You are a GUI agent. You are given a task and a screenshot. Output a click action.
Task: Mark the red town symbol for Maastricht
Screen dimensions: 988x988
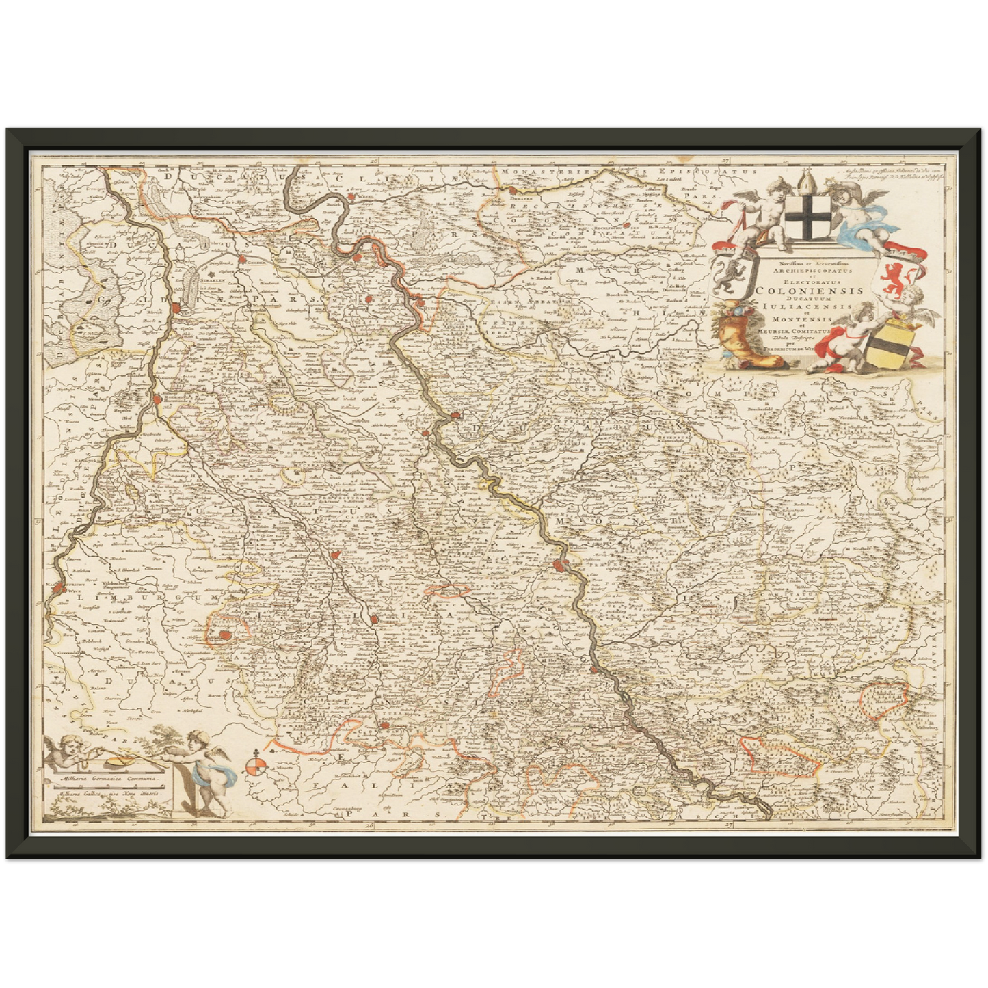[x=59, y=587]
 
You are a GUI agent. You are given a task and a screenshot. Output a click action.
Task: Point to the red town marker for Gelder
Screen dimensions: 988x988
[x=242, y=259]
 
